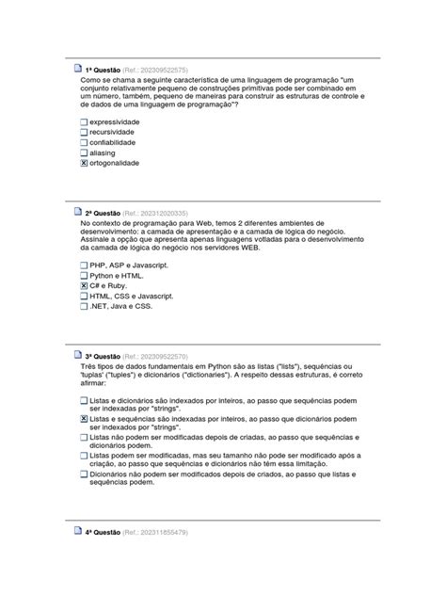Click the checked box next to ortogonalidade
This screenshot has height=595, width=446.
pos(84,163)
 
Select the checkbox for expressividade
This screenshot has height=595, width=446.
pos(84,122)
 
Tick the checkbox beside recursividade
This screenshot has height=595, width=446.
pos(84,133)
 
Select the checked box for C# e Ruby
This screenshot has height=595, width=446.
pos(84,285)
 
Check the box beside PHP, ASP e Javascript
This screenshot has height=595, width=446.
pos(84,265)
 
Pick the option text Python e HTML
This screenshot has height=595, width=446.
pos(117,275)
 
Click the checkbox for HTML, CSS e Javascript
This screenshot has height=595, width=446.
pos(84,296)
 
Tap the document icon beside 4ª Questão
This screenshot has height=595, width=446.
pos(77,532)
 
